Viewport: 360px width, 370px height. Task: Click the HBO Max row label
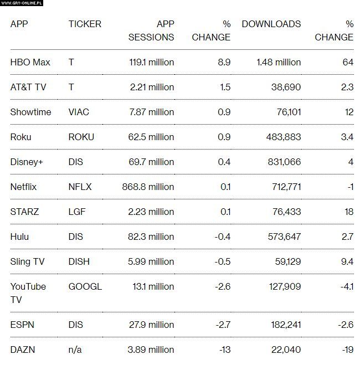[30, 62]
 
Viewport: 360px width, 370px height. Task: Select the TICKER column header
[85, 24]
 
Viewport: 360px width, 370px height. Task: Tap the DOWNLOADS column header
[271, 24]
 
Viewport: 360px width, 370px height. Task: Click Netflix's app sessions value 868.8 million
[148, 187]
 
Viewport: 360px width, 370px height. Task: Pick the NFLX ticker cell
[80, 187]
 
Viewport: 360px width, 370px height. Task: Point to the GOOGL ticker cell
[85, 286]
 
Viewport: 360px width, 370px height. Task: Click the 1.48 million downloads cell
[279, 62]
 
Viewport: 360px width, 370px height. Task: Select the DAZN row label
[23, 350]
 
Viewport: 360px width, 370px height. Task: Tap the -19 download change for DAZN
[347, 350]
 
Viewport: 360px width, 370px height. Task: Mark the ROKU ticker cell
[81, 137]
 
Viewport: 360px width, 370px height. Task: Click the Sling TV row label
[28, 261]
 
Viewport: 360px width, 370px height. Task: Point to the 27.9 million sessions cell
[151, 325]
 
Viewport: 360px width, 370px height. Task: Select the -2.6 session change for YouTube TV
[224, 286]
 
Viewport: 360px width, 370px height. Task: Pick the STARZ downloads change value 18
[348, 212]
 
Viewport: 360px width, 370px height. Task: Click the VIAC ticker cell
[79, 112]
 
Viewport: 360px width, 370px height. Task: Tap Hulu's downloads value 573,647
[283, 237]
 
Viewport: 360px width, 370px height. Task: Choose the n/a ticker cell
[75, 350]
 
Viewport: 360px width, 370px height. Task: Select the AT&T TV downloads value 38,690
[286, 87]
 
